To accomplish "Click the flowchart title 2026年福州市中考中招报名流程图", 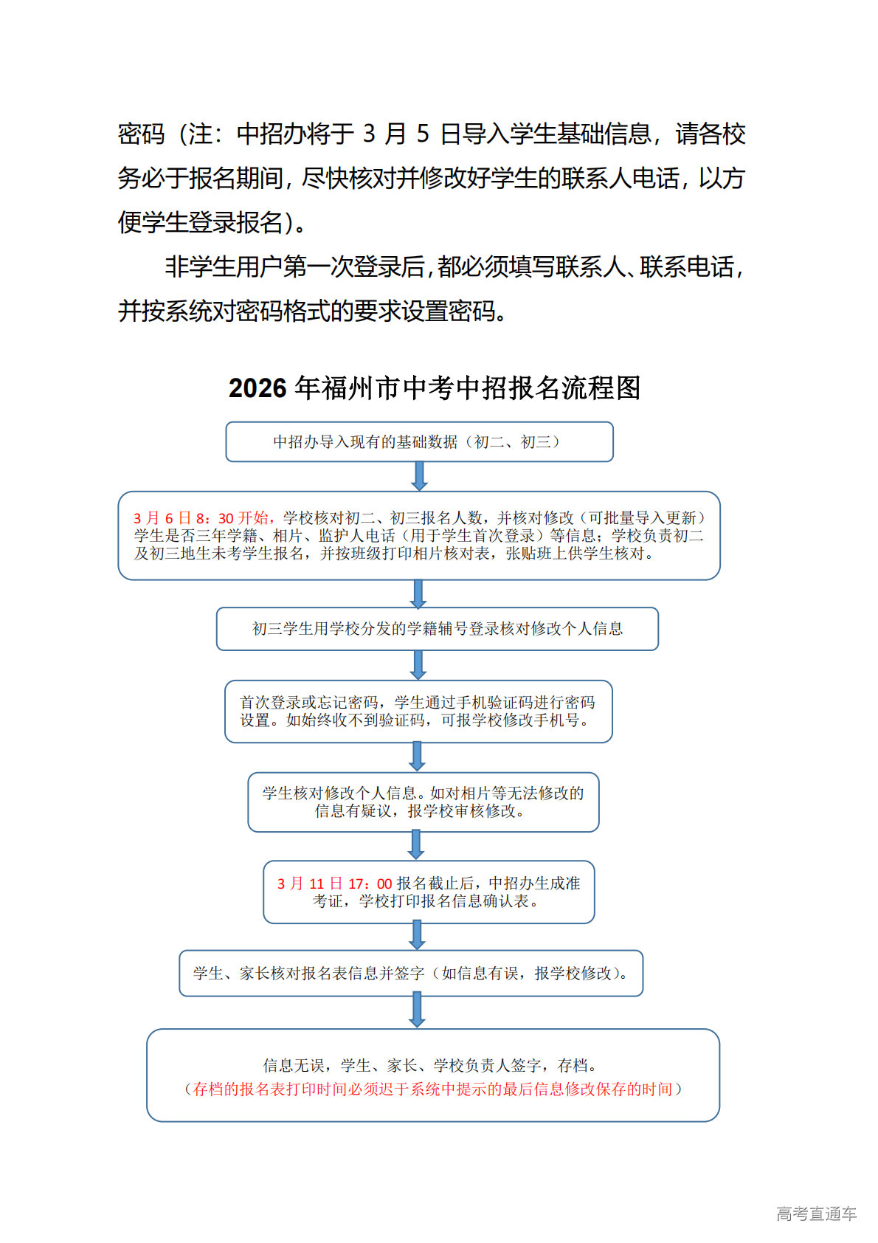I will tap(434, 388).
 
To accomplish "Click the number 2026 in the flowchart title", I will tap(257, 388).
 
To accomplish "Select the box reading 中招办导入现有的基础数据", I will tap(419, 441).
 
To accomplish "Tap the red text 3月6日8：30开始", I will tap(204, 518).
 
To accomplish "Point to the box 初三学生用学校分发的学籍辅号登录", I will tap(437, 629).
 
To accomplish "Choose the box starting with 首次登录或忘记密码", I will tap(418, 711).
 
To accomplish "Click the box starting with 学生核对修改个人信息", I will tap(423, 802).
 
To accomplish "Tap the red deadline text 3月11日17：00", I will tap(334, 884).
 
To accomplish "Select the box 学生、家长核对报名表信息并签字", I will tap(411, 973).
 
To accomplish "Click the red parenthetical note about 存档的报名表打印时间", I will tap(433, 1089).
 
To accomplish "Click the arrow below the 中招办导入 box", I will tap(419, 476).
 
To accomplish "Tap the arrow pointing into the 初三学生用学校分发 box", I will tap(418, 593).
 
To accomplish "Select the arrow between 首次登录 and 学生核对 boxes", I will tap(417, 757).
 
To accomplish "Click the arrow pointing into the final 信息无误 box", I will tap(417, 1010).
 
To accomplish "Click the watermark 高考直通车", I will tap(816, 1213).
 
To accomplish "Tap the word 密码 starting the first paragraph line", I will tap(141, 134).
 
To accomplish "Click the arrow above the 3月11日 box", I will tap(416, 845).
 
